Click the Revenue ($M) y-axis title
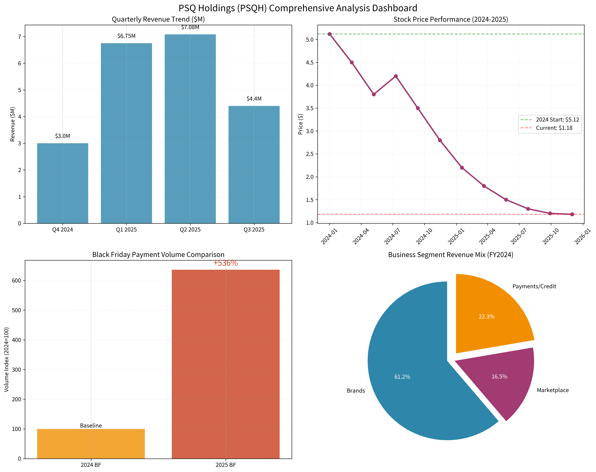(12, 124)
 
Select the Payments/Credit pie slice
(489, 312)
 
